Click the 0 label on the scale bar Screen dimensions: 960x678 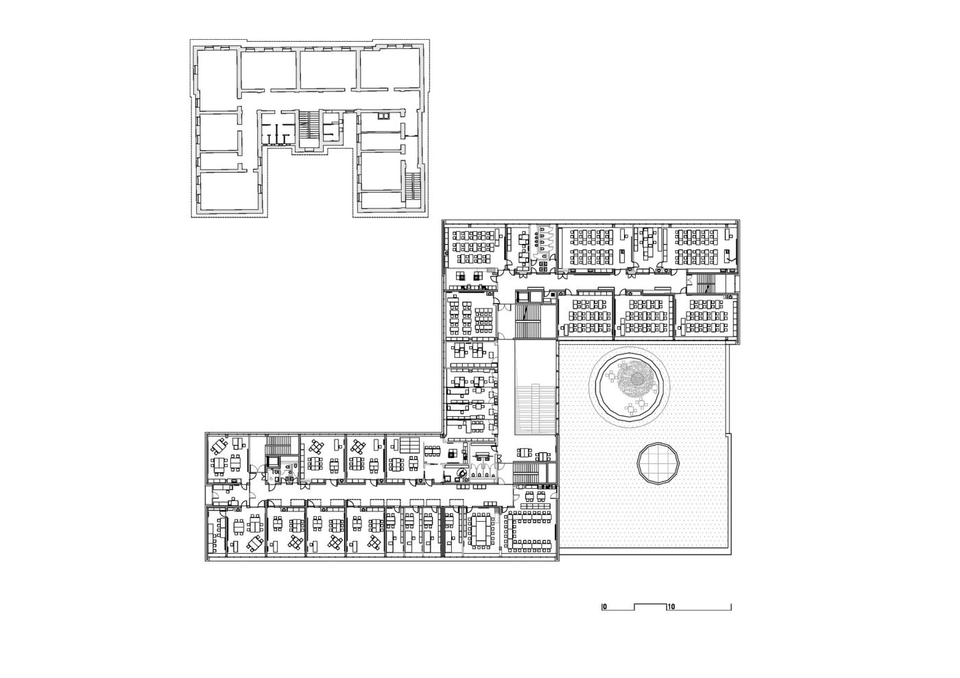604,607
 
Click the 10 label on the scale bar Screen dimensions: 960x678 671,607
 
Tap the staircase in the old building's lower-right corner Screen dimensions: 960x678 413,186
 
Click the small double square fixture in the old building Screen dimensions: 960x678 383,116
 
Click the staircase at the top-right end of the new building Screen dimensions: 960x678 706,284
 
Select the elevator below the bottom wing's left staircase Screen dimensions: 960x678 273,461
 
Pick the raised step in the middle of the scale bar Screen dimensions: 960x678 651,605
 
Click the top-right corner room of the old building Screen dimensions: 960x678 389,69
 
